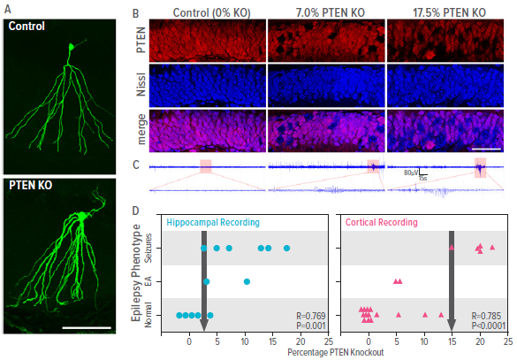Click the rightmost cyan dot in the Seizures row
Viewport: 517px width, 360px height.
click(286, 249)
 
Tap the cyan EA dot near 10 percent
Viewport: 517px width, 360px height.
click(247, 282)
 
